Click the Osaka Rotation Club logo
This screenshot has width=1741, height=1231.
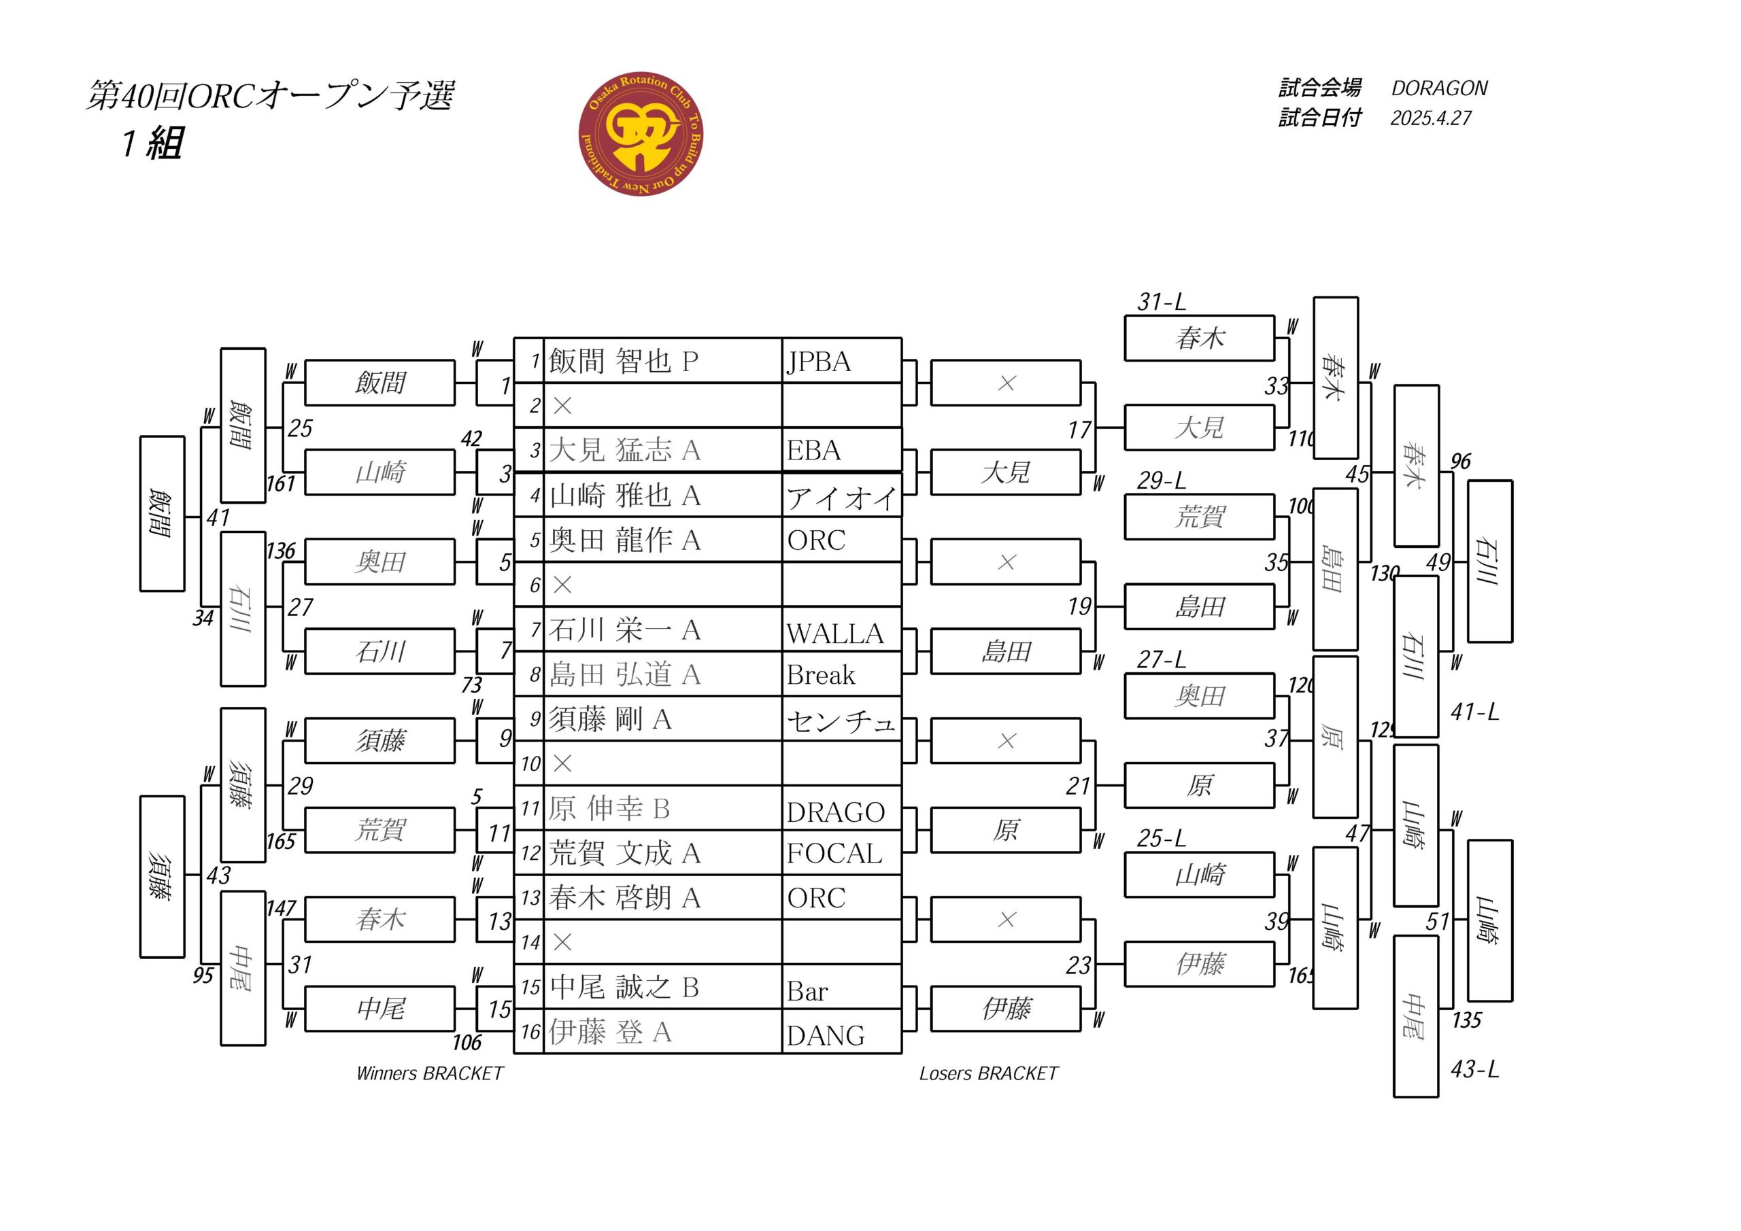click(641, 134)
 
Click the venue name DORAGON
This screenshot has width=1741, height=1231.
click(1438, 88)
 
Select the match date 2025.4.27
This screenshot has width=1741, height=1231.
click(1430, 118)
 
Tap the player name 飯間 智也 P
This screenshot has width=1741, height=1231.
click(622, 361)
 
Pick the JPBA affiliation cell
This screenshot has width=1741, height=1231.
click(819, 362)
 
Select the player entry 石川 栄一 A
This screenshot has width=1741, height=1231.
click(624, 630)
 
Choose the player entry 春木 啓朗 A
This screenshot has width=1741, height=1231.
click(624, 898)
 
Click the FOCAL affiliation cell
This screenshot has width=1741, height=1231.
click(834, 854)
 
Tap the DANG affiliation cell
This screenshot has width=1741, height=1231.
click(826, 1035)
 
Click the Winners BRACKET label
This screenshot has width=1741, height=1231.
click(429, 1073)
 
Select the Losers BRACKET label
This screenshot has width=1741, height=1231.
click(988, 1073)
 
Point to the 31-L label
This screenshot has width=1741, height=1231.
click(1161, 302)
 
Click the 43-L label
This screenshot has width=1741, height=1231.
click(1474, 1069)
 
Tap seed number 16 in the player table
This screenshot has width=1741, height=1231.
click(530, 1032)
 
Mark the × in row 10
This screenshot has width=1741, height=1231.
click(562, 763)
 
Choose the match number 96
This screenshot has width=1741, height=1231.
click(1459, 461)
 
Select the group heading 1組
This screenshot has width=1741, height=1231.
click(152, 143)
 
